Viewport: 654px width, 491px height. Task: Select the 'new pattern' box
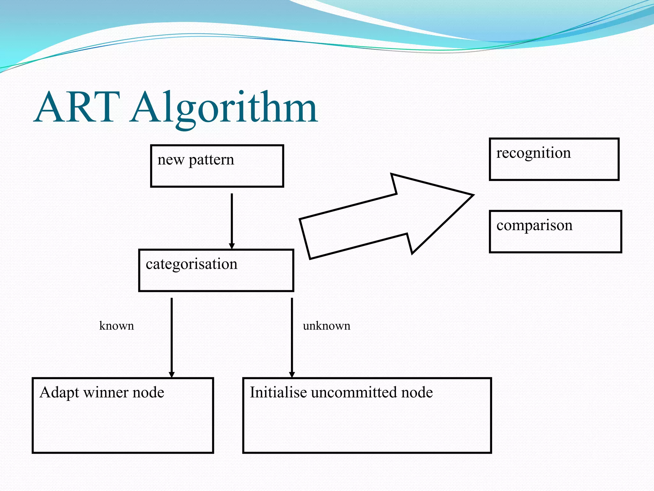217,166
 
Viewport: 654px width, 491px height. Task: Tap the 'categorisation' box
216,270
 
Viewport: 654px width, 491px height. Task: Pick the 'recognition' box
554,160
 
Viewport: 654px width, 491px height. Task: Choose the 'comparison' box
555,232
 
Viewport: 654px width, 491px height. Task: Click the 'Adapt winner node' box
123,415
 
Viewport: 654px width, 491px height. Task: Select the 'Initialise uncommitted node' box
367,415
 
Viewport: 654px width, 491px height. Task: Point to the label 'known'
117,326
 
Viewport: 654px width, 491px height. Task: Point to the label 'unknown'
326,326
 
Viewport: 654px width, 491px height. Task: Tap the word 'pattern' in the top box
211,160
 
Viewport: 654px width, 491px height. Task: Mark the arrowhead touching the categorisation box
232,246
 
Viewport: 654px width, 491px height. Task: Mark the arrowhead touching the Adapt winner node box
171,375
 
